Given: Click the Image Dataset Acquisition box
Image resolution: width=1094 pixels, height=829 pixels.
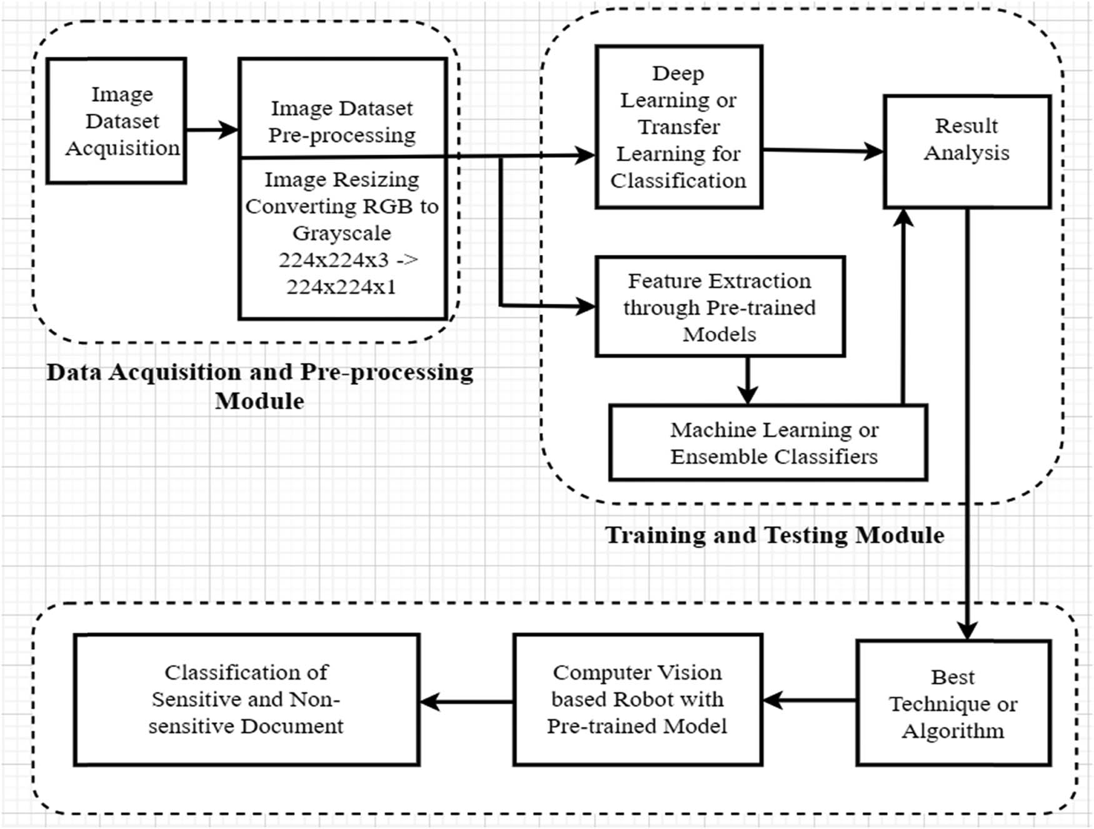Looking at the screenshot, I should (116, 121).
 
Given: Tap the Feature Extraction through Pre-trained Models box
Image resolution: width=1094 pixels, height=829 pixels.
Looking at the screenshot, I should (720, 307).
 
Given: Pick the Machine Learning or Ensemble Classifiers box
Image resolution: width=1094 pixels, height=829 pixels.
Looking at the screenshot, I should (768, 442).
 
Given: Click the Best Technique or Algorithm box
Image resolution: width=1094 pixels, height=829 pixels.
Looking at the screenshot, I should (953, 703).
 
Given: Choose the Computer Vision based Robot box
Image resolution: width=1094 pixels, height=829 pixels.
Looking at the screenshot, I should (637, 699).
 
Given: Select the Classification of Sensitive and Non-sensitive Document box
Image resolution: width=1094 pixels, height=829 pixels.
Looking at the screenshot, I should (246, 699).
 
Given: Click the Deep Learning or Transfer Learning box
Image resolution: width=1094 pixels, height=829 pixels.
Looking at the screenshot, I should (678, 127).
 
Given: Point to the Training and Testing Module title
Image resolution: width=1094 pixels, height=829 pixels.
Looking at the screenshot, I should (775, 535).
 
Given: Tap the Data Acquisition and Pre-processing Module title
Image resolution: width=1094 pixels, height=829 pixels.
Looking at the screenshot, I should (259, 385).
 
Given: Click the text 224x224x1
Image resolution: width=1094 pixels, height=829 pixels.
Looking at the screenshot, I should (341, 287).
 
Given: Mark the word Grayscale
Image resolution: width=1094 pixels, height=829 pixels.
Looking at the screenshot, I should (341, 233).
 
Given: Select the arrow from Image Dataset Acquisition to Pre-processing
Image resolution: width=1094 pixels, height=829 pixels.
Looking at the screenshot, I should (212, 130).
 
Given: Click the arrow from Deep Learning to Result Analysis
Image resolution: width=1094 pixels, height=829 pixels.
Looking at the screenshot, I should (822, 150).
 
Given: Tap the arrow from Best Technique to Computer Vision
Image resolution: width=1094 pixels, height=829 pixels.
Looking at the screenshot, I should (810, 700).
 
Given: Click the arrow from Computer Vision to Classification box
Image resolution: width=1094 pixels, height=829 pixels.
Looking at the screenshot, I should (466, 702).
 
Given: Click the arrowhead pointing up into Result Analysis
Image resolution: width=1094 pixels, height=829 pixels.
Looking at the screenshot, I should (903, 219).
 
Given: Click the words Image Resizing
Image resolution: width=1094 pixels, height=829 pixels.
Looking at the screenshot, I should (341, 180).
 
